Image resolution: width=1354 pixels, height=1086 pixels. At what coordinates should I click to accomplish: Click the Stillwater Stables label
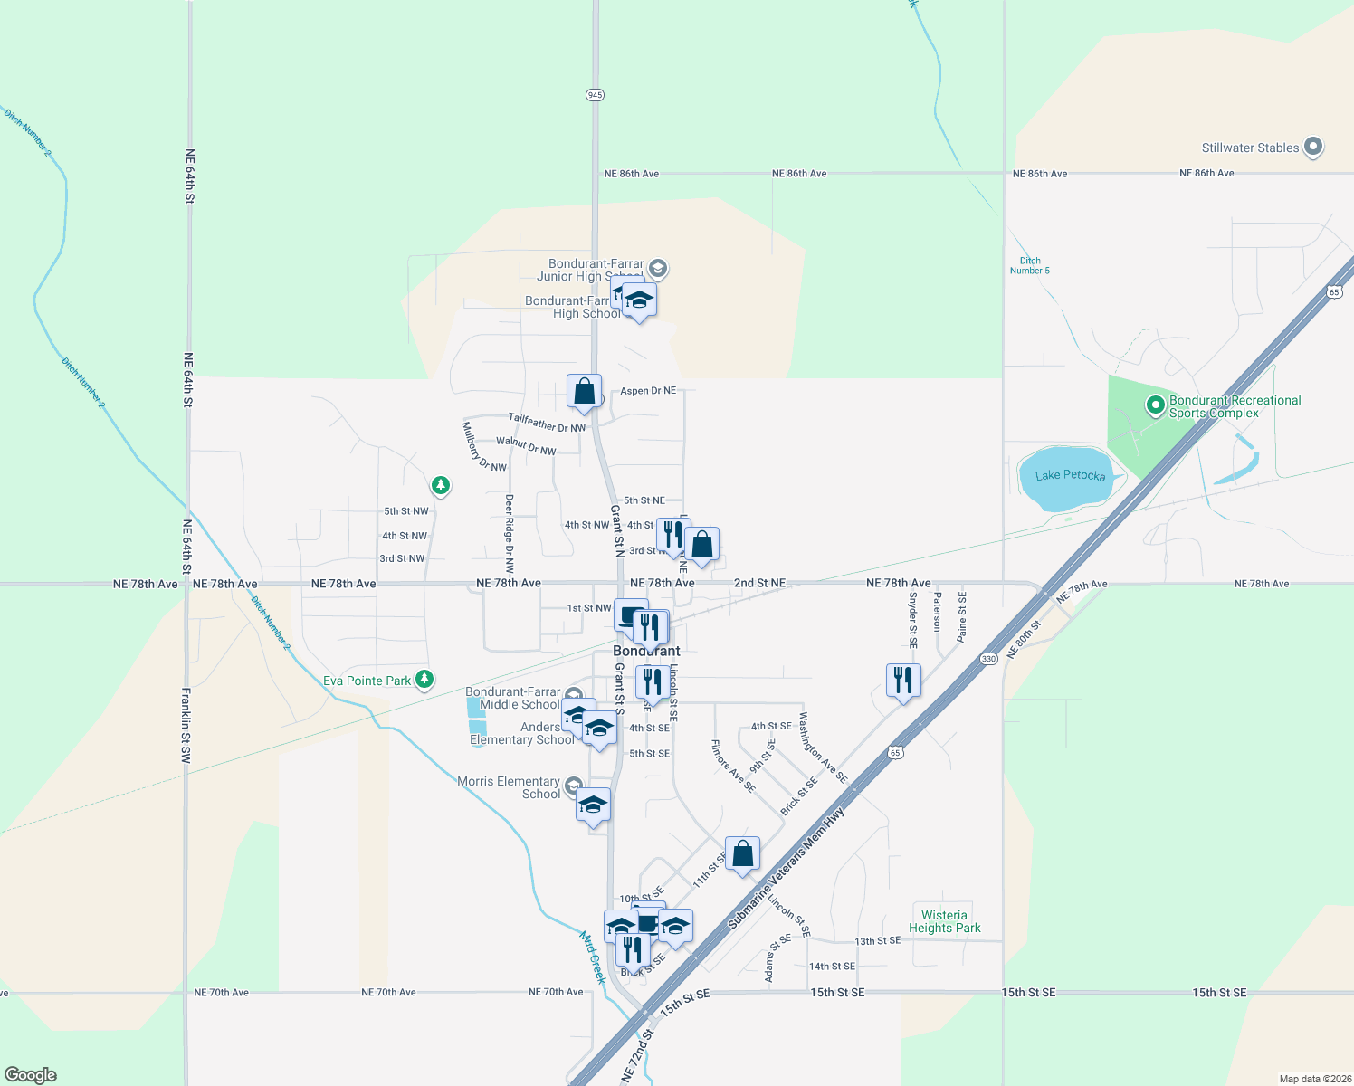[x=1250, y=148]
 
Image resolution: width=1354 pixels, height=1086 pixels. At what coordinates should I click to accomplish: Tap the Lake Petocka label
[x=1070, y=475]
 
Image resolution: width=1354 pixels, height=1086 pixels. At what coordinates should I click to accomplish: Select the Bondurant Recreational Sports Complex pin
[x=1155, y=405]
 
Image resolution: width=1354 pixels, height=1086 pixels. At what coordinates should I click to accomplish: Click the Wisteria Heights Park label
[x=944, y=921]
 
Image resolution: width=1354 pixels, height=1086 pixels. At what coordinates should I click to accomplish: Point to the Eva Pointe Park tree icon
[x=424, y=680]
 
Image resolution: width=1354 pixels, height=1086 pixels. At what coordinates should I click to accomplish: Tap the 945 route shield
[x=595, y=95]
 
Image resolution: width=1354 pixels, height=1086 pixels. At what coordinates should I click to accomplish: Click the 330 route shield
[x=988, y=659]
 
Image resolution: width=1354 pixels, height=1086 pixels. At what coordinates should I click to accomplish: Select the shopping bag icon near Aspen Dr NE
[x=585, y=391]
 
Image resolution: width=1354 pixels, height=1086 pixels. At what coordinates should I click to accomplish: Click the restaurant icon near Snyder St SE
[x=903, y=679]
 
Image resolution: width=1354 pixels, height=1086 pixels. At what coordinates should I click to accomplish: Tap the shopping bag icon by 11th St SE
[x=742, y=853]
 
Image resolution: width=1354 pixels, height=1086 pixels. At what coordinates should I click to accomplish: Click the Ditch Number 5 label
[x=1030, y=265]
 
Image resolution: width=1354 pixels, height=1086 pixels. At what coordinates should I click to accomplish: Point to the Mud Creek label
[x=593, y=957]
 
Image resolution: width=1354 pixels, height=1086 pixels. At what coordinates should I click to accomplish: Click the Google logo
[x=31, y=1075]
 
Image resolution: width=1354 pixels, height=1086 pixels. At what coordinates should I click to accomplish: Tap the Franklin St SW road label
[x=186, y=726]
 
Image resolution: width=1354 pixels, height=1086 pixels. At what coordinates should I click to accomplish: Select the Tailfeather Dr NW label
[x=547, y=423]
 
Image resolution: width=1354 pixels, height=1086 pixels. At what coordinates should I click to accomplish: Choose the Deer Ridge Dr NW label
[x=510, y=534]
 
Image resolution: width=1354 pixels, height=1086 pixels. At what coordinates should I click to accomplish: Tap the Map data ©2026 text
[x=1315, y=1079]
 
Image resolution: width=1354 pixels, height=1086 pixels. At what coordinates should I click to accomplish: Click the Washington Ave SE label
[x=822, y=748]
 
